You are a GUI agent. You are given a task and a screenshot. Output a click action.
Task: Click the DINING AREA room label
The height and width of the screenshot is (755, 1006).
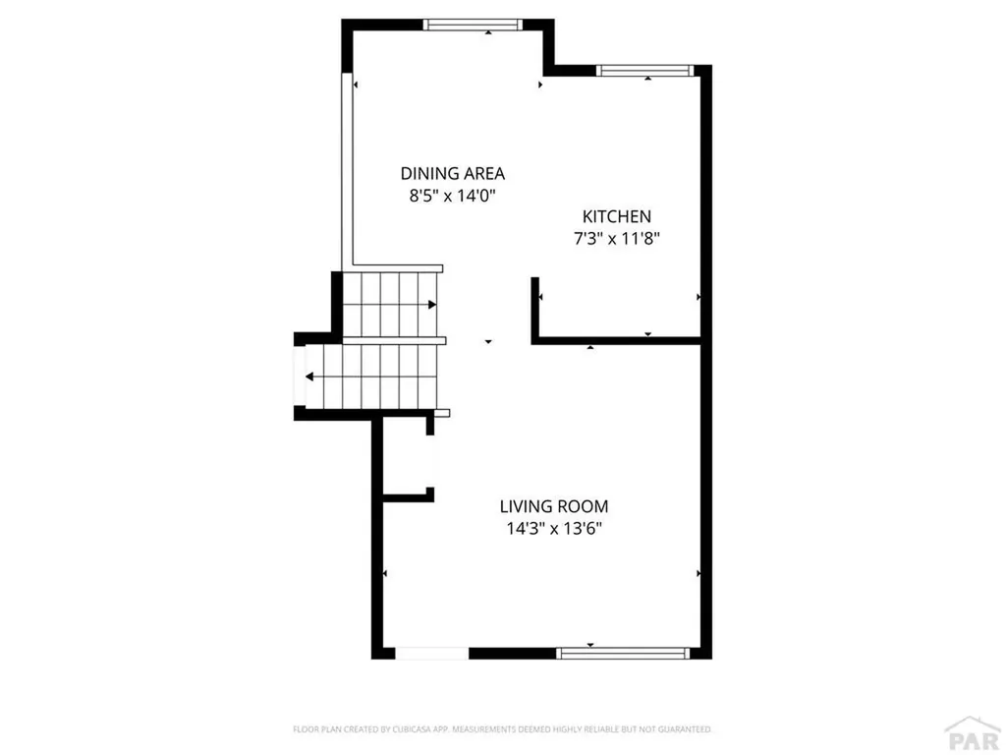click(x=452, y=173)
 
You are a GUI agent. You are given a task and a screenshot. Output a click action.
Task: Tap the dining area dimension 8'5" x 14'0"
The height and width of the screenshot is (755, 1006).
click(x=453, y=196)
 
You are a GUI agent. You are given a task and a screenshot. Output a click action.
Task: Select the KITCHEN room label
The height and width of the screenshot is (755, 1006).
click(x=617, y=216)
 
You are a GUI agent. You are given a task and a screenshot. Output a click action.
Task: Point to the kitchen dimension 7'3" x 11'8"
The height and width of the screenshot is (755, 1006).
click(x=617, y=239)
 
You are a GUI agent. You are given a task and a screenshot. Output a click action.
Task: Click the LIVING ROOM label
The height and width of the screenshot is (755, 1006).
click(x=554, y=506)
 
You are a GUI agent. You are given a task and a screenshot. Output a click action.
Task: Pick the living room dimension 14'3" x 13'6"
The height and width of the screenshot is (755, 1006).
click(x=554, y=529)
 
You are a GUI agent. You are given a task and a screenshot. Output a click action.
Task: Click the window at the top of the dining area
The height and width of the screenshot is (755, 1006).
click(x=473, y=25)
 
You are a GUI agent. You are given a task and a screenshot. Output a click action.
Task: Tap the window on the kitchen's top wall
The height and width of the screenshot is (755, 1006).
click(x=644, y=71)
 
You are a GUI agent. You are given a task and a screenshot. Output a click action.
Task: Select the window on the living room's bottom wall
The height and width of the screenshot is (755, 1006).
click(x=622, y=653)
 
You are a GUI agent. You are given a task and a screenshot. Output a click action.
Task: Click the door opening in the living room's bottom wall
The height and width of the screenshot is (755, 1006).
click(x=432, y=653)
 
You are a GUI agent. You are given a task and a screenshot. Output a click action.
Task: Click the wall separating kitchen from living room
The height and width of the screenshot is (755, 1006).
click(x=616, y=340)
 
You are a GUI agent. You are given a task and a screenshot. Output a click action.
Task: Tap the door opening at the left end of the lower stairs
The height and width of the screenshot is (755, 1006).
click(x=299, y=377)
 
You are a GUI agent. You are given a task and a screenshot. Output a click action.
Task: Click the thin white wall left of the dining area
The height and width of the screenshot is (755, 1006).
click(x=348, y=170)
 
